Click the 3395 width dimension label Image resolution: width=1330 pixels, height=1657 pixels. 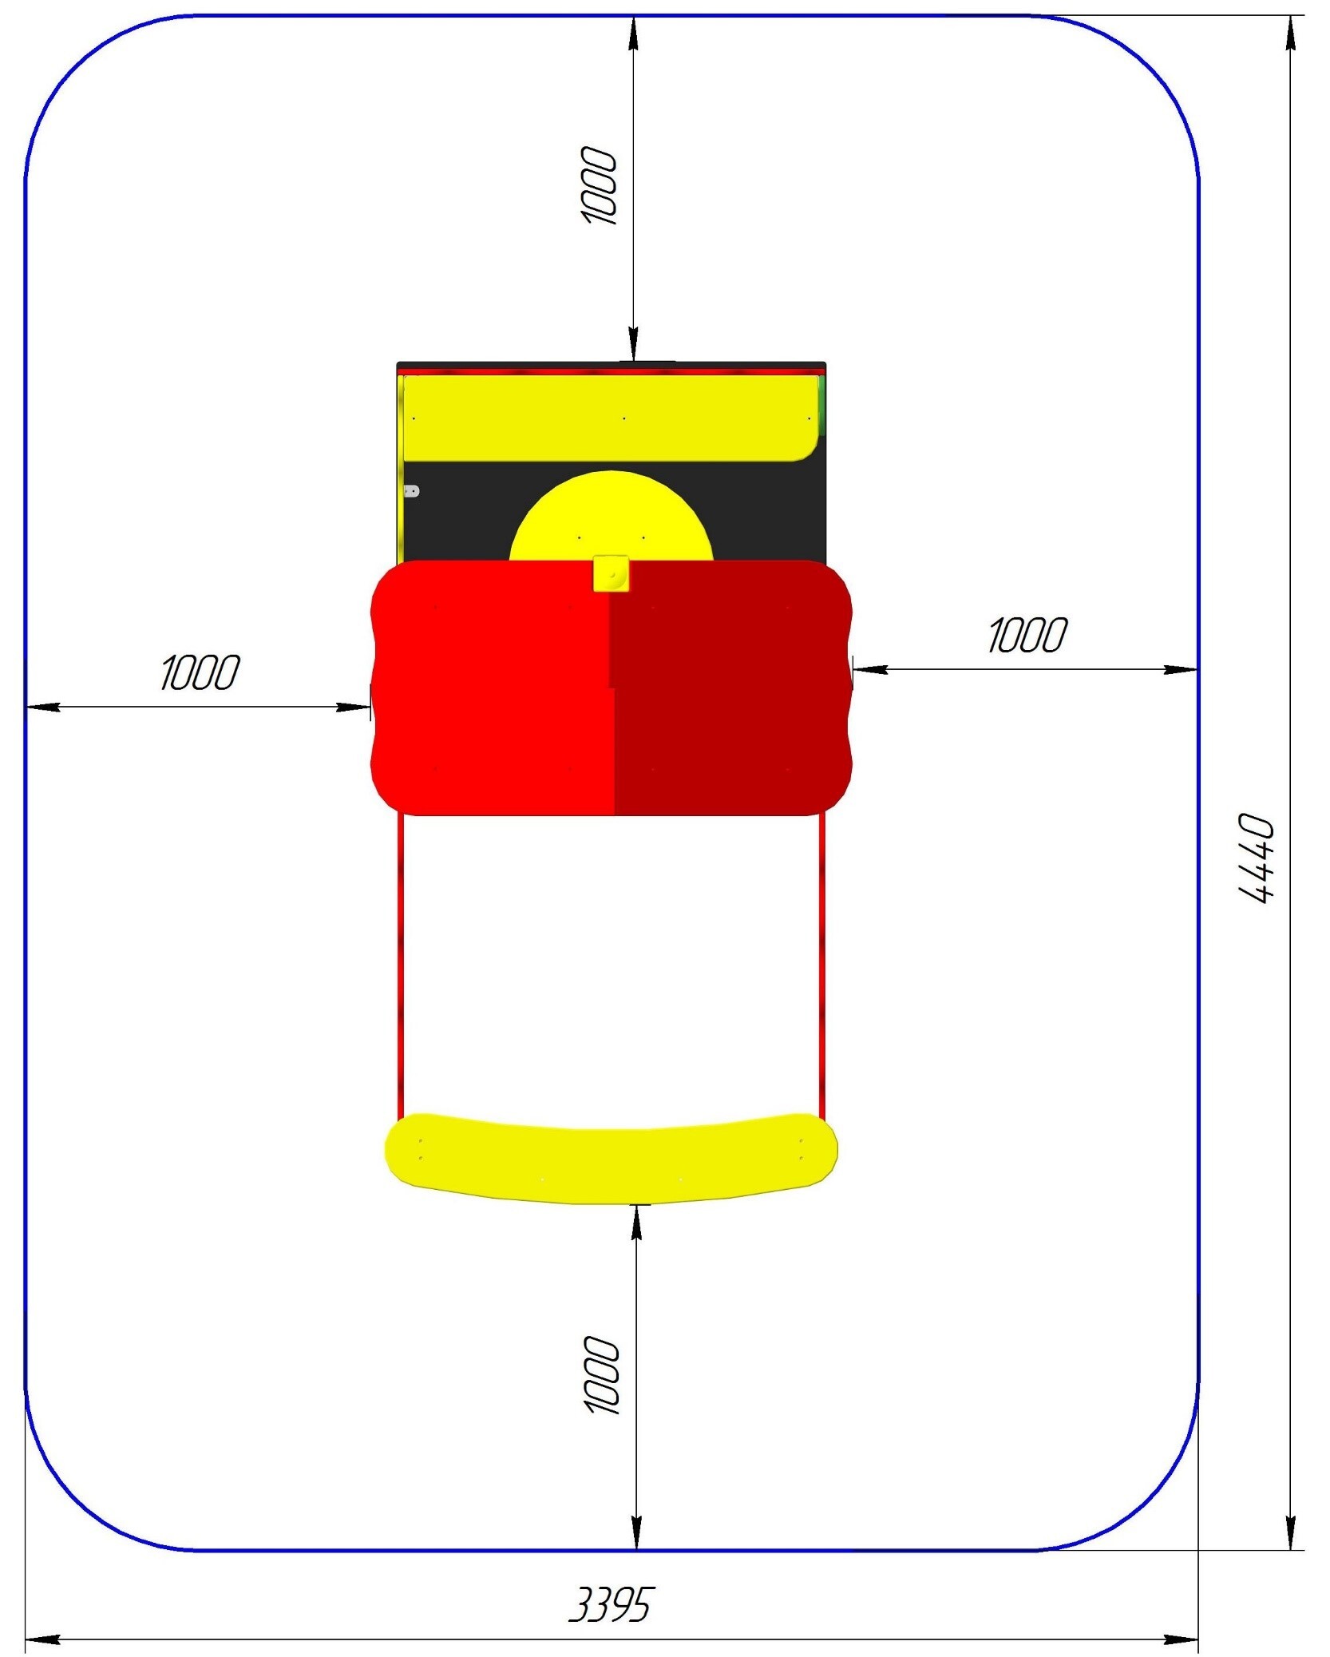[611, 1604]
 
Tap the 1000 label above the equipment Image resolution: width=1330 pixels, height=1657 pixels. [598, 185]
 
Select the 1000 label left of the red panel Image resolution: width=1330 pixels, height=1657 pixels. [200, 672]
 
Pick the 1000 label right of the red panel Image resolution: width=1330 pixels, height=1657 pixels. [1027, 635]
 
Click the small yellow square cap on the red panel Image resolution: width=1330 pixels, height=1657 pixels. [611, 574]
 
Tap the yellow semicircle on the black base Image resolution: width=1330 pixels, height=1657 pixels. [611, 516]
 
